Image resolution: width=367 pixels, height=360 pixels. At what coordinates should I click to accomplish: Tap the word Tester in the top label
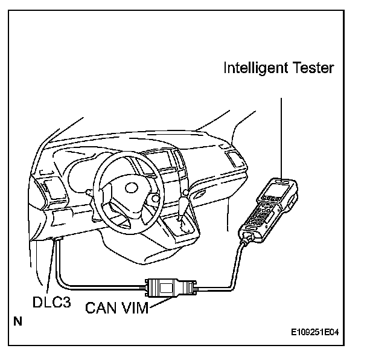click(311, 68)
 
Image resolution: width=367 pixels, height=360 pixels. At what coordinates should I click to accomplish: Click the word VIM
click(134, 309)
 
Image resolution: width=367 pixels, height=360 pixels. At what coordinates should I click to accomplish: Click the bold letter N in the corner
click(18, 321)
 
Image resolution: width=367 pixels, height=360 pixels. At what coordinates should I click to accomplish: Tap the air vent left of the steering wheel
click(48, 185)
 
